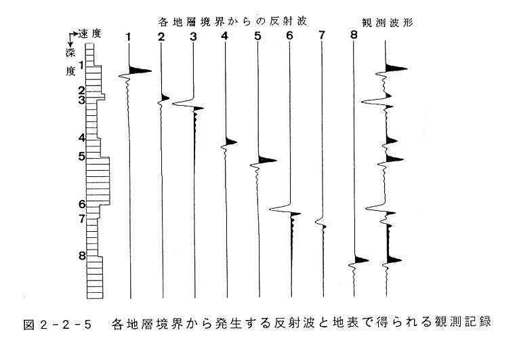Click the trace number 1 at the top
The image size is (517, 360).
(x=129, y=37)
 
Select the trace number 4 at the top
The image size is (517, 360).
(x=224, y=37)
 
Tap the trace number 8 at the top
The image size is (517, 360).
(x=353, y=37)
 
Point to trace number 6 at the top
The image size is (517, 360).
(x=289, y=37)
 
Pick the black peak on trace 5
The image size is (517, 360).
(x=267, y=160)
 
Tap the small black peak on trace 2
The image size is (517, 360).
(x=165, y=98)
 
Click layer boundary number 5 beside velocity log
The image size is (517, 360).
(x=81, y=157)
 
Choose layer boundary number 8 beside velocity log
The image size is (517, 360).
(x=81, y=256)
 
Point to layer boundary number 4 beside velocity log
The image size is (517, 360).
(x=81, y=138)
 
